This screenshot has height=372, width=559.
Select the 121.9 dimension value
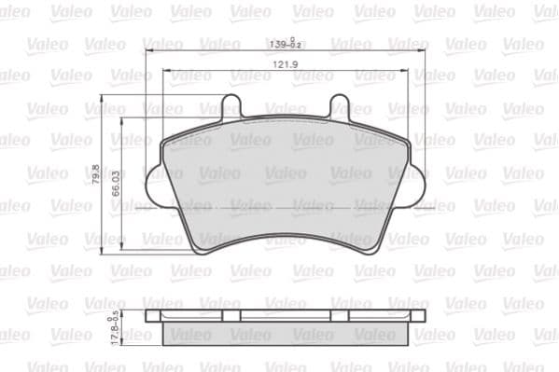tap(286, 64)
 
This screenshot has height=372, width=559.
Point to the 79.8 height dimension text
tap(96, 174)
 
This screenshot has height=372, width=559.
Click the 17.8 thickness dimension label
tap(115, 327)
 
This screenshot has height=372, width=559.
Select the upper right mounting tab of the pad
tap(342, 107)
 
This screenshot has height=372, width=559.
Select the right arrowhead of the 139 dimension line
tap(426, 49)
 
